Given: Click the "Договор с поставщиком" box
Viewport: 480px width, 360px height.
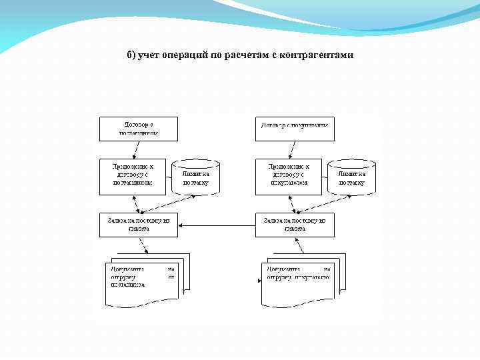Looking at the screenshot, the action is tap(139, 129).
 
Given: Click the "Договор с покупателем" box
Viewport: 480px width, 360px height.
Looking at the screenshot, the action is tap(295, 129).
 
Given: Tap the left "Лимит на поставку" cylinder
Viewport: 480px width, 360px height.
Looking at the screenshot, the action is tap(195, 177).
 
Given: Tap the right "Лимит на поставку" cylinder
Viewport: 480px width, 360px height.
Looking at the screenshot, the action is tap(352, 177).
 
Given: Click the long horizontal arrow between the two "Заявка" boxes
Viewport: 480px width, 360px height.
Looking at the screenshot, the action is tap(217, 225).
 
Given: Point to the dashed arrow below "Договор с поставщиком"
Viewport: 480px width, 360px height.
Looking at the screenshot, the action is tap(139, 149).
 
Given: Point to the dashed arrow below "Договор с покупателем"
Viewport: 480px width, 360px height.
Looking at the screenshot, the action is tap(295, 149).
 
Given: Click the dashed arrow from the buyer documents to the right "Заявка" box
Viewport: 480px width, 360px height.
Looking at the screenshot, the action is tap(299, 245).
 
